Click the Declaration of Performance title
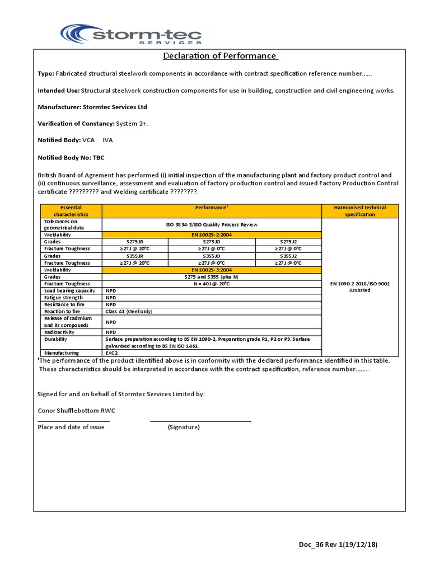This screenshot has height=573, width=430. click(220, 56)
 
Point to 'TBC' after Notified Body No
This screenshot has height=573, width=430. click(99, 158)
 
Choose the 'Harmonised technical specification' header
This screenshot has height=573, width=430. click(360, 211)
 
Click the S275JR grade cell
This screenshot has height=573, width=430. click(135, 242)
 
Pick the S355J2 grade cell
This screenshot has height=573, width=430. click(288, 256)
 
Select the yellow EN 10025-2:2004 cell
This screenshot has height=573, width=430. click(212, 235)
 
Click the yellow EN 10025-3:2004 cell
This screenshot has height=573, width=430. click(212, 270)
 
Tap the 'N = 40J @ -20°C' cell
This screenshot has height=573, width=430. click(212, 284)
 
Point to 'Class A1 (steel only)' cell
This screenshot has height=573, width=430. click(129, 311)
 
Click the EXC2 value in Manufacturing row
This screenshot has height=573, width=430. click(112, 353)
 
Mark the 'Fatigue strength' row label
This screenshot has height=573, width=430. click(63, 298)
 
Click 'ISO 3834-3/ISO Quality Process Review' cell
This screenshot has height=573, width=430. click(212, 224)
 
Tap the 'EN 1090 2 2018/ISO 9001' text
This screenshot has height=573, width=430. click(360, 284)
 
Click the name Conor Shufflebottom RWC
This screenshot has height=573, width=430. click(77, 411)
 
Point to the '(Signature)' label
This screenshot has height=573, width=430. click(184, 427)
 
